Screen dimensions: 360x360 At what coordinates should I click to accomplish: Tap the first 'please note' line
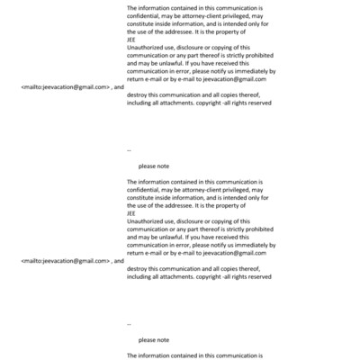154,166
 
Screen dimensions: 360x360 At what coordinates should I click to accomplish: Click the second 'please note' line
154,340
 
